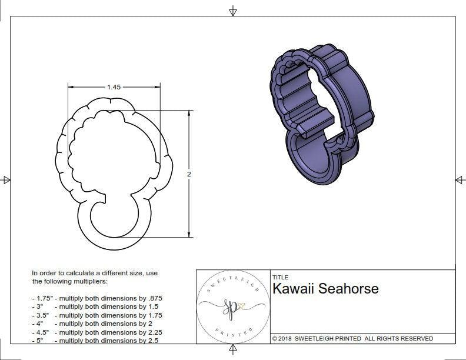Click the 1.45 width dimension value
click(114, 87)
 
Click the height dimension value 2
click(189, 174)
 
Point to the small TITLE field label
click(280, 277)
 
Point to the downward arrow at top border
click(233, 11)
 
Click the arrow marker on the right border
click(460, 179)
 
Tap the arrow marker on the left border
click(6, 179)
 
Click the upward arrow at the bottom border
click(233, 349)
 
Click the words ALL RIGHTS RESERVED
click(398, 338)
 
